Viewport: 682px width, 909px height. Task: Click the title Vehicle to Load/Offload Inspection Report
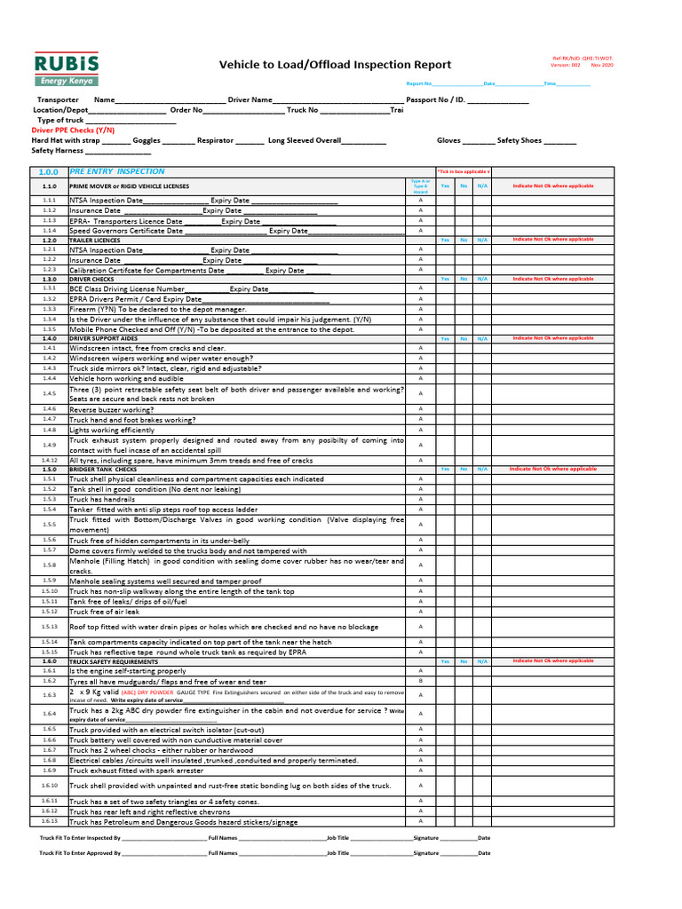pyautogui.click(x=335, y=65)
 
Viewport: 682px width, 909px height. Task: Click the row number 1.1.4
pyautogui.click(x=50, y=230)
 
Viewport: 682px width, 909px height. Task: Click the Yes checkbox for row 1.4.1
pyautogui.click(x=445, y=348)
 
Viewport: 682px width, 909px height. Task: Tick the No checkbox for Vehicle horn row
pyautogui.click(x=463, y=378)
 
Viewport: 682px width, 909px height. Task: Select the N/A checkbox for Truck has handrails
pyautogui.click(x=481, y=499)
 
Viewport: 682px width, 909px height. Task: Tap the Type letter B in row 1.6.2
pyautogui.click(x=420, y=681)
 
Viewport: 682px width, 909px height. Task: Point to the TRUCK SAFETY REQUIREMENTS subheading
pyautogui.click(x=114, y=661)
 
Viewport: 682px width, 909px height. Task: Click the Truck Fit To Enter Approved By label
pyautogui.click(x=78, y=852)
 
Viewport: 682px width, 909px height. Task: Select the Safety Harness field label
pyautogui.click(x=57, y=151)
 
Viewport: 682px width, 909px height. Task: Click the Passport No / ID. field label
pyautogui.click(x=435, y=100)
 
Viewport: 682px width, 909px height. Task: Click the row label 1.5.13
pyautogui.click(x=50, y=626)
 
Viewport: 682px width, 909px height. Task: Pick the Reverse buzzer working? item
pyautogui.click(x=111, y=409)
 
